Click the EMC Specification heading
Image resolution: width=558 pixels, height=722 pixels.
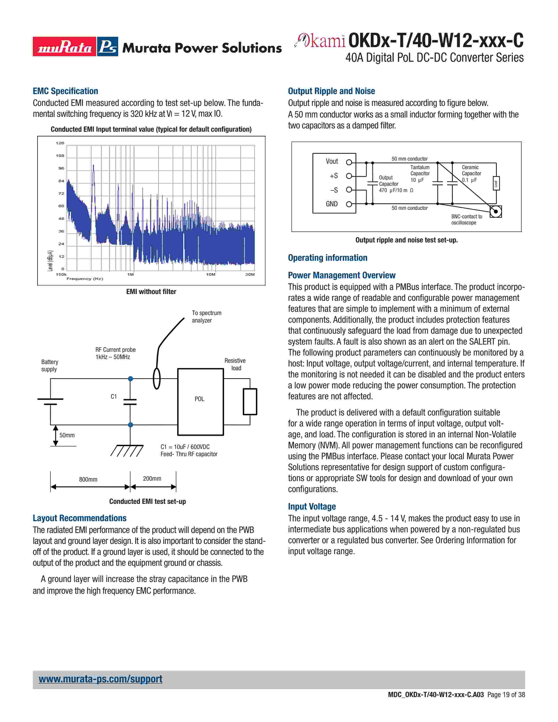tap(65, 91)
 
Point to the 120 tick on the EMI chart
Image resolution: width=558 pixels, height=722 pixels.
tap(60, 143)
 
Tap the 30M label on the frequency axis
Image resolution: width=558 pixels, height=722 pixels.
tap(250, 274)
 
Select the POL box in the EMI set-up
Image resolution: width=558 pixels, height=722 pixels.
tap(200, 402)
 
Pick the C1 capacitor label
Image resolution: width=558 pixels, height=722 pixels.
tap(114, 396)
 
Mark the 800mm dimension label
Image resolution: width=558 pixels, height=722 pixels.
tap(88, 479)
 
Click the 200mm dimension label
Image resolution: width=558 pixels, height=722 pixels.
tap(152, 478)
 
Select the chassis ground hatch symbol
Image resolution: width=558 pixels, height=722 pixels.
tap(127, 450)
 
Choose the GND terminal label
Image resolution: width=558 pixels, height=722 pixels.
tap(332, 204)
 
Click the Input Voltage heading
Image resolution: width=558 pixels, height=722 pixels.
tap(312, 506)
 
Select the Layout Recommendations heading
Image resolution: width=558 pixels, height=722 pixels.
tap(79, 518)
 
